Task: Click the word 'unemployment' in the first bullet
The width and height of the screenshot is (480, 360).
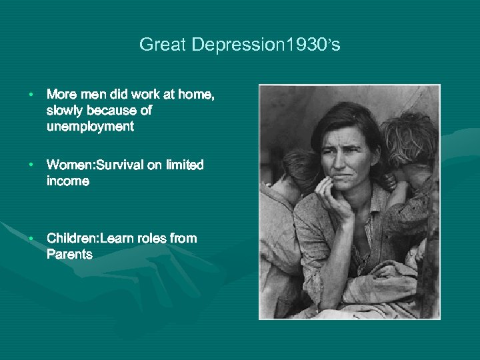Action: (x=90, y=126)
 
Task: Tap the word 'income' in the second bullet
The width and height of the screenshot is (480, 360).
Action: (x=67, y=181)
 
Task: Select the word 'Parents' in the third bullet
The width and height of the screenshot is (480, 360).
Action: (x=69, y=254)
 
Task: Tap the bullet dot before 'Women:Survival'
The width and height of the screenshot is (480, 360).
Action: (x=31, y=165)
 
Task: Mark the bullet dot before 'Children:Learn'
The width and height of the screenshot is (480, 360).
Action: (x=31, y=239)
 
